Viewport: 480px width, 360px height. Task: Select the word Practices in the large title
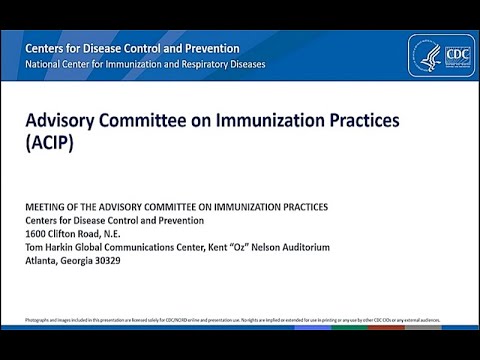(356, 120)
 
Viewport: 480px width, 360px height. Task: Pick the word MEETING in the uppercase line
(46, 207)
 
